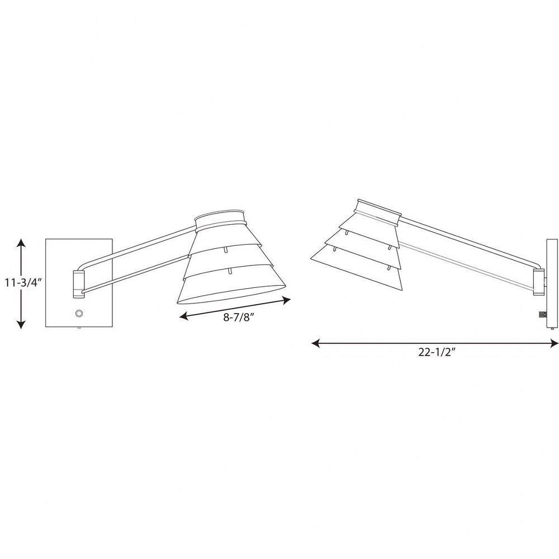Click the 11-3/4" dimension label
pos(23,283)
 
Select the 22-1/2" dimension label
pos(437,352)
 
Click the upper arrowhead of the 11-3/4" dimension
pos(21,244)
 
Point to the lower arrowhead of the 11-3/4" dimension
pos(21,324)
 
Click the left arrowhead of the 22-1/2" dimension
pos(316,343)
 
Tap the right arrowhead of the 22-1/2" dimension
pos(553,343)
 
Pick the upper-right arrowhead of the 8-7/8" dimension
pos(286,301)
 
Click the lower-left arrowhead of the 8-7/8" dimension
pos(184,315)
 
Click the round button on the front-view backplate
pos(79,314)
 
